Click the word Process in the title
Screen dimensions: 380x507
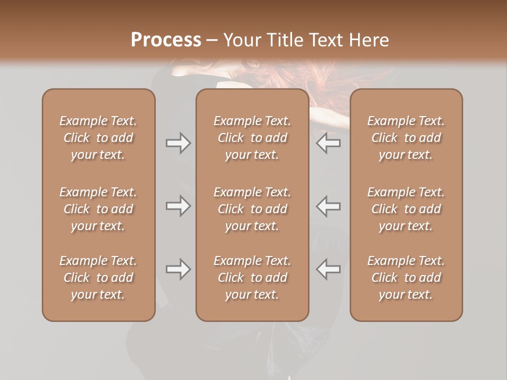[166, 40]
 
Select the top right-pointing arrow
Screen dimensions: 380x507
[178, 143]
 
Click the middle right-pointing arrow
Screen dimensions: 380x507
[178, 206]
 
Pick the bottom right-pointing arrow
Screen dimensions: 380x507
[178, 269]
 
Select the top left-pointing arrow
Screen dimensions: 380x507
[328, 143]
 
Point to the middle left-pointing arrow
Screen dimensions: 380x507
[328, 206]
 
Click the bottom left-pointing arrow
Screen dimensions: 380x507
[328, 269]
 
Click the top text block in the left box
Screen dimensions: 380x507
[98, 138]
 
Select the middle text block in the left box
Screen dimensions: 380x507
[98, 209]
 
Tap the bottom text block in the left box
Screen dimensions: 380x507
[98, 278]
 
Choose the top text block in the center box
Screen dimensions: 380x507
[252, 138]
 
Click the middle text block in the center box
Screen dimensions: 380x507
[252, 209]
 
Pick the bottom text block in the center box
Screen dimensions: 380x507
[252, 278]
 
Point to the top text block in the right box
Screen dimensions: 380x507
[406, 138]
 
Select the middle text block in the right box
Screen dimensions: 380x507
[406, 209]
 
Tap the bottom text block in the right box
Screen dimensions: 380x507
[406, 278]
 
